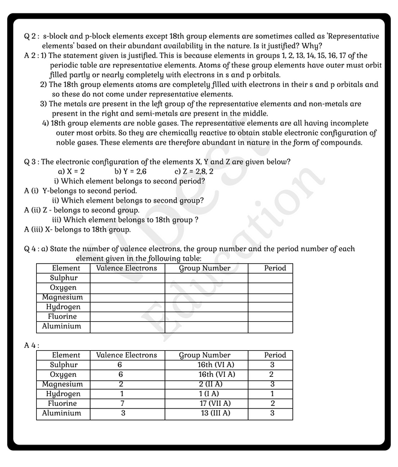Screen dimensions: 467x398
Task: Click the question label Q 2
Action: (31, 37)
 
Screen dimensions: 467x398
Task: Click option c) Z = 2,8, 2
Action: (193, 171)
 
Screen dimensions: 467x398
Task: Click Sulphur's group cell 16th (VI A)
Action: (216, 365)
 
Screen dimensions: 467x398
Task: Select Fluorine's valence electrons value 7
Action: (122, 403)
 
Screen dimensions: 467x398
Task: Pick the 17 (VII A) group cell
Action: (215, 403)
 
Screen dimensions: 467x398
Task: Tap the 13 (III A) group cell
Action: (215, 414)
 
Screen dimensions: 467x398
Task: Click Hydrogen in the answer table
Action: (63, 394)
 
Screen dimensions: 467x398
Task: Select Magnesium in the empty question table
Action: (62, 298)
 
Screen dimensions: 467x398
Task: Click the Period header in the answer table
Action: (275, 356)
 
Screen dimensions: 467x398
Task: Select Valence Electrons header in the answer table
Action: (126, 356)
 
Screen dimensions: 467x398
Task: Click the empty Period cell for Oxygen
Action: (270, 288)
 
